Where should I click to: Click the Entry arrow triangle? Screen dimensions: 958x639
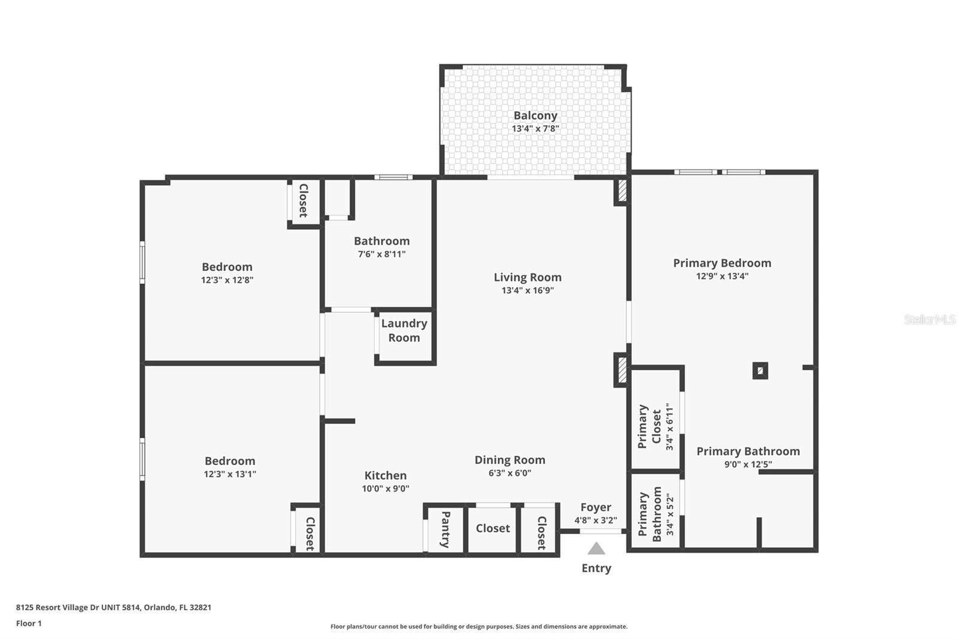596,548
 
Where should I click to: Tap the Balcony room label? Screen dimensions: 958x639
535,116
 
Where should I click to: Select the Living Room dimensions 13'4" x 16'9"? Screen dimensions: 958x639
527,290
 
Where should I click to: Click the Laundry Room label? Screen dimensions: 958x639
404,330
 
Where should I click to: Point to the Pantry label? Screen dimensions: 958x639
445,529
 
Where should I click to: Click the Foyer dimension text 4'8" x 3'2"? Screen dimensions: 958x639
596,520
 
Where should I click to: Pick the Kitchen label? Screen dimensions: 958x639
386,475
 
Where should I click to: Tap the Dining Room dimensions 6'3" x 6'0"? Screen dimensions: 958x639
510,473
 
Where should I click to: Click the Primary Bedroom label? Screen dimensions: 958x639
722,263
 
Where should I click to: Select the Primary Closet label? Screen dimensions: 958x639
650,427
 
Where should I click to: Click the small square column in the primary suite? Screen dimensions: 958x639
760,371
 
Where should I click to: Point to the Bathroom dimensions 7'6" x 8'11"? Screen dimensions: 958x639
381,254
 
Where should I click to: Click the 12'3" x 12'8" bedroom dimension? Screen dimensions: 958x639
227,280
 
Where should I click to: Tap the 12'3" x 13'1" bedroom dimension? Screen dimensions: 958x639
230,474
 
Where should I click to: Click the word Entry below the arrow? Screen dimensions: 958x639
596,568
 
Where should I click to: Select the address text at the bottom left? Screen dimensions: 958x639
114,607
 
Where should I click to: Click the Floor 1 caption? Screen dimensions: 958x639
29,623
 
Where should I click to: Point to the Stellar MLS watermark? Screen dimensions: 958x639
930,319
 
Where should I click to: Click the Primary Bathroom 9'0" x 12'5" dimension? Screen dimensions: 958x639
748,464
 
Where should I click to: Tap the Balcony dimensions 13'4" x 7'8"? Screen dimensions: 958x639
535,128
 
